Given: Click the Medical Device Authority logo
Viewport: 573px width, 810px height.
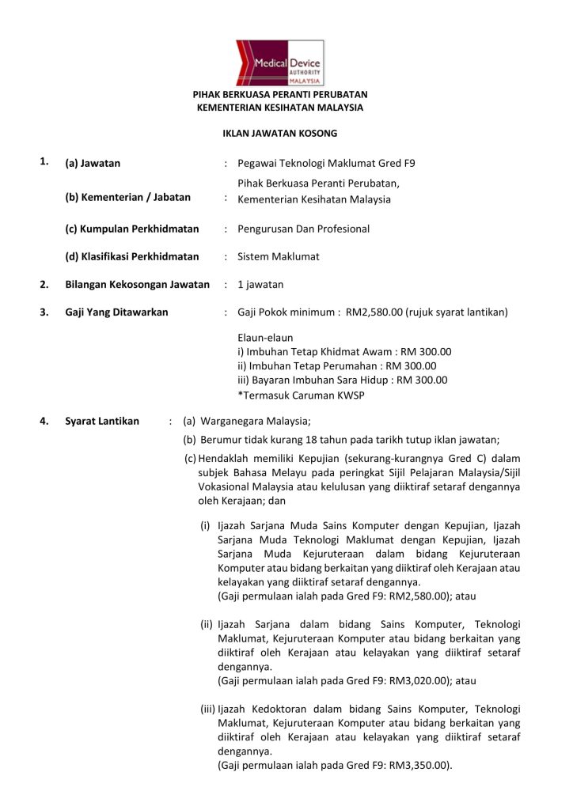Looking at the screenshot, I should [279, 63].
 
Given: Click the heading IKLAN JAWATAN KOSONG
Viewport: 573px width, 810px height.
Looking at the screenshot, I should [279, 133].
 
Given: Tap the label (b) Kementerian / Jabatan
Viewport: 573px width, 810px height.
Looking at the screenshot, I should [127, 198].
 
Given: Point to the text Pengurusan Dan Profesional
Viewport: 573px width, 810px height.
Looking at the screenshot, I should [303, 229].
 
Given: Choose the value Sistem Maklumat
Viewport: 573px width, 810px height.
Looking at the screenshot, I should [279, 257].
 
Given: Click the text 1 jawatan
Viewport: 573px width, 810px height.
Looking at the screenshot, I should [260, 285].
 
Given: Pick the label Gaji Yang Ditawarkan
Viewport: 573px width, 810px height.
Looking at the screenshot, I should [116, 312].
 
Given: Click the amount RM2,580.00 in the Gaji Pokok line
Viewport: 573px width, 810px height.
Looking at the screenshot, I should [374, 312].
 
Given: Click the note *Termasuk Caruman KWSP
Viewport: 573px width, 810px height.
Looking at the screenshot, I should [301, 395].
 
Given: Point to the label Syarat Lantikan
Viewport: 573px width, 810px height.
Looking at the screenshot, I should [102, 421].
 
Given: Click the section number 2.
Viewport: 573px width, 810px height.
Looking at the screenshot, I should [45, 285].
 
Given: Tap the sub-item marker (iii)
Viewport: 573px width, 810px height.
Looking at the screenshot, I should [207, 710].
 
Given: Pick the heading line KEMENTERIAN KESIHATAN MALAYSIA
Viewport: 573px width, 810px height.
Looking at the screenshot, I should [279, 107].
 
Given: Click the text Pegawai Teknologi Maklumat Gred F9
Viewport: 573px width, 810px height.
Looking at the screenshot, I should [326, 164].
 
